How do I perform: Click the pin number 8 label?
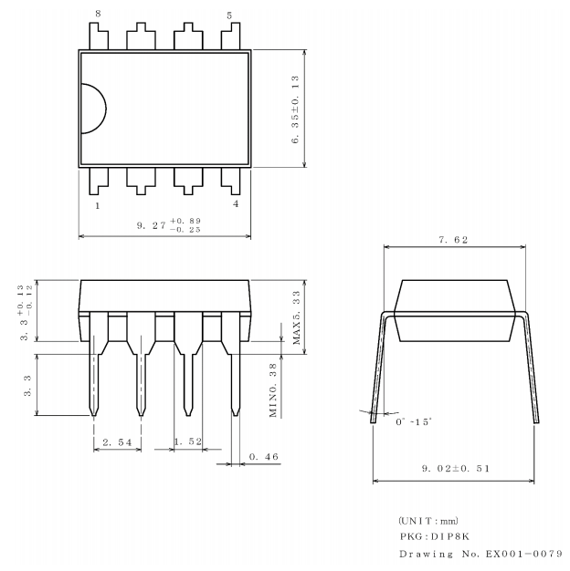[x=99, y=15]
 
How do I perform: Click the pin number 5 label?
[x=228, y=15]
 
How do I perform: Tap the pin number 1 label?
[x=98, y=205]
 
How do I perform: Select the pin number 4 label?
[x=236, y=203]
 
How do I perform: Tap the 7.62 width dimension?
[x=454, y=239]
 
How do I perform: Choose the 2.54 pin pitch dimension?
[x=119, y=442]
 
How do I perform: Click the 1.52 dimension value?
[x=188, y=442]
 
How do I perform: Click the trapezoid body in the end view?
[x=454, y=310]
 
